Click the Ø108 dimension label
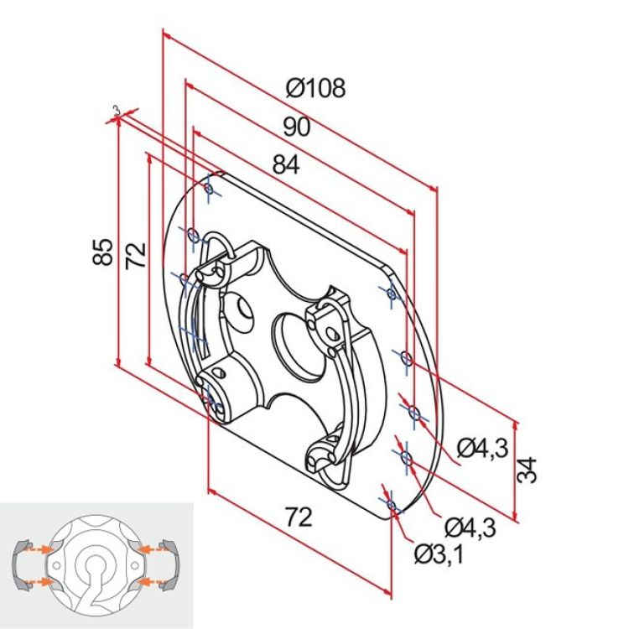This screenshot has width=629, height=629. pos(314,88)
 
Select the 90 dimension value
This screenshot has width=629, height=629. pos(296,127)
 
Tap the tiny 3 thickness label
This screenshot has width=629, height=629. pos(116,110)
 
